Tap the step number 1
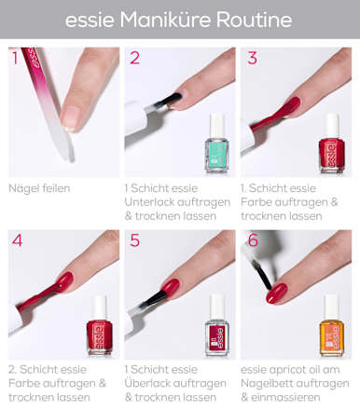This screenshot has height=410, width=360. tap(15, 58)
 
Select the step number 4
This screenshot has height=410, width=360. tap(17, 240)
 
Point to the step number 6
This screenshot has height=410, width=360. tap(253, 240)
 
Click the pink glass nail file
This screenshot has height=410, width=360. tap(48, 102)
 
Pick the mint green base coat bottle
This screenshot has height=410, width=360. tap(216, 143)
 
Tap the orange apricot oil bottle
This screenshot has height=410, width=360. tap(332, 325)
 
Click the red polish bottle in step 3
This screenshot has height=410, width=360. tap(332, 143)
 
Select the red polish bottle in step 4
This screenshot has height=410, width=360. tap(100, 325)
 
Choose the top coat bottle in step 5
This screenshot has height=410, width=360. tap(217, 325)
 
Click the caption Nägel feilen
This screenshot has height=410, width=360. tap(39, 188)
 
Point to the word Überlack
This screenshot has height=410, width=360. tap(145, 383)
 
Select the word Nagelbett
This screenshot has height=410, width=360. tap(264, 384)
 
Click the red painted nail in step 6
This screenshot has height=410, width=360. tap(276, 294)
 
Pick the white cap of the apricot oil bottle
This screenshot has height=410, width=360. tap(332, 307)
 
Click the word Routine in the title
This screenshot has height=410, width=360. tap(254, 20)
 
